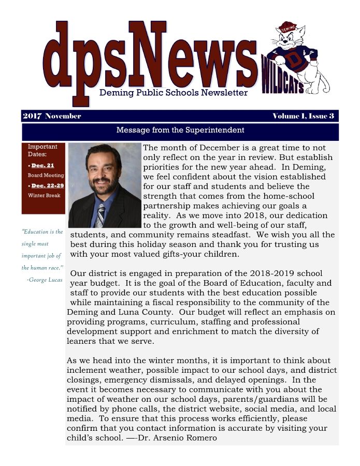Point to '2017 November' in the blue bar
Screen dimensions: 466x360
click(52, 116)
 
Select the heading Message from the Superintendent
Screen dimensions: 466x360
click(180, 130)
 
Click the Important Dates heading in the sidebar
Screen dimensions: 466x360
click(42, 150)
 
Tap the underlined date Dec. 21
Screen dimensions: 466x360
click(42, 166)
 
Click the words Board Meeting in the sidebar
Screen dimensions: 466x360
click(46, 176)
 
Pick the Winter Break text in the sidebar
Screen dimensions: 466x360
click(44, 195)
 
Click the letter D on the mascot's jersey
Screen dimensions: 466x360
click(295, 61)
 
